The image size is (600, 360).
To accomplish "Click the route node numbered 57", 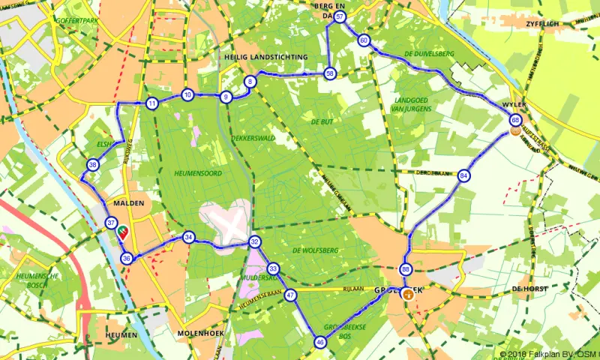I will (340, 16).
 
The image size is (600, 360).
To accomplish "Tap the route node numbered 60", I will (364, 40).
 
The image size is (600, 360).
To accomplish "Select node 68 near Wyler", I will (515, 120).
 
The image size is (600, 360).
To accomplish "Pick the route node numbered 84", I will (464, 175).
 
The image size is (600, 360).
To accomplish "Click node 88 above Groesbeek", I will (406, 269).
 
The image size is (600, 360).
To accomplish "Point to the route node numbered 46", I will (320, 342).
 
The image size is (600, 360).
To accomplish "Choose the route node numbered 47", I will (290, 295).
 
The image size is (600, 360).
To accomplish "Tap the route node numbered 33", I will (273, 268).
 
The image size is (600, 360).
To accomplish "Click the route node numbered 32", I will (255, 241).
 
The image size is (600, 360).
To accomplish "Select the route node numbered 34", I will (189, 238).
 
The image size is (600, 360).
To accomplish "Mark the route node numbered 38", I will (92, 165).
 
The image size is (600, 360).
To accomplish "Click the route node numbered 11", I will (151, 103).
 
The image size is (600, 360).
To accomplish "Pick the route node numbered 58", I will (329, 73).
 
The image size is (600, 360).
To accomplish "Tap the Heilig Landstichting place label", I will (265, 57).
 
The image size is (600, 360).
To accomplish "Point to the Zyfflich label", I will (556, 25).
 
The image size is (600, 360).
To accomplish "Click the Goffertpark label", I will (78, 20).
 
